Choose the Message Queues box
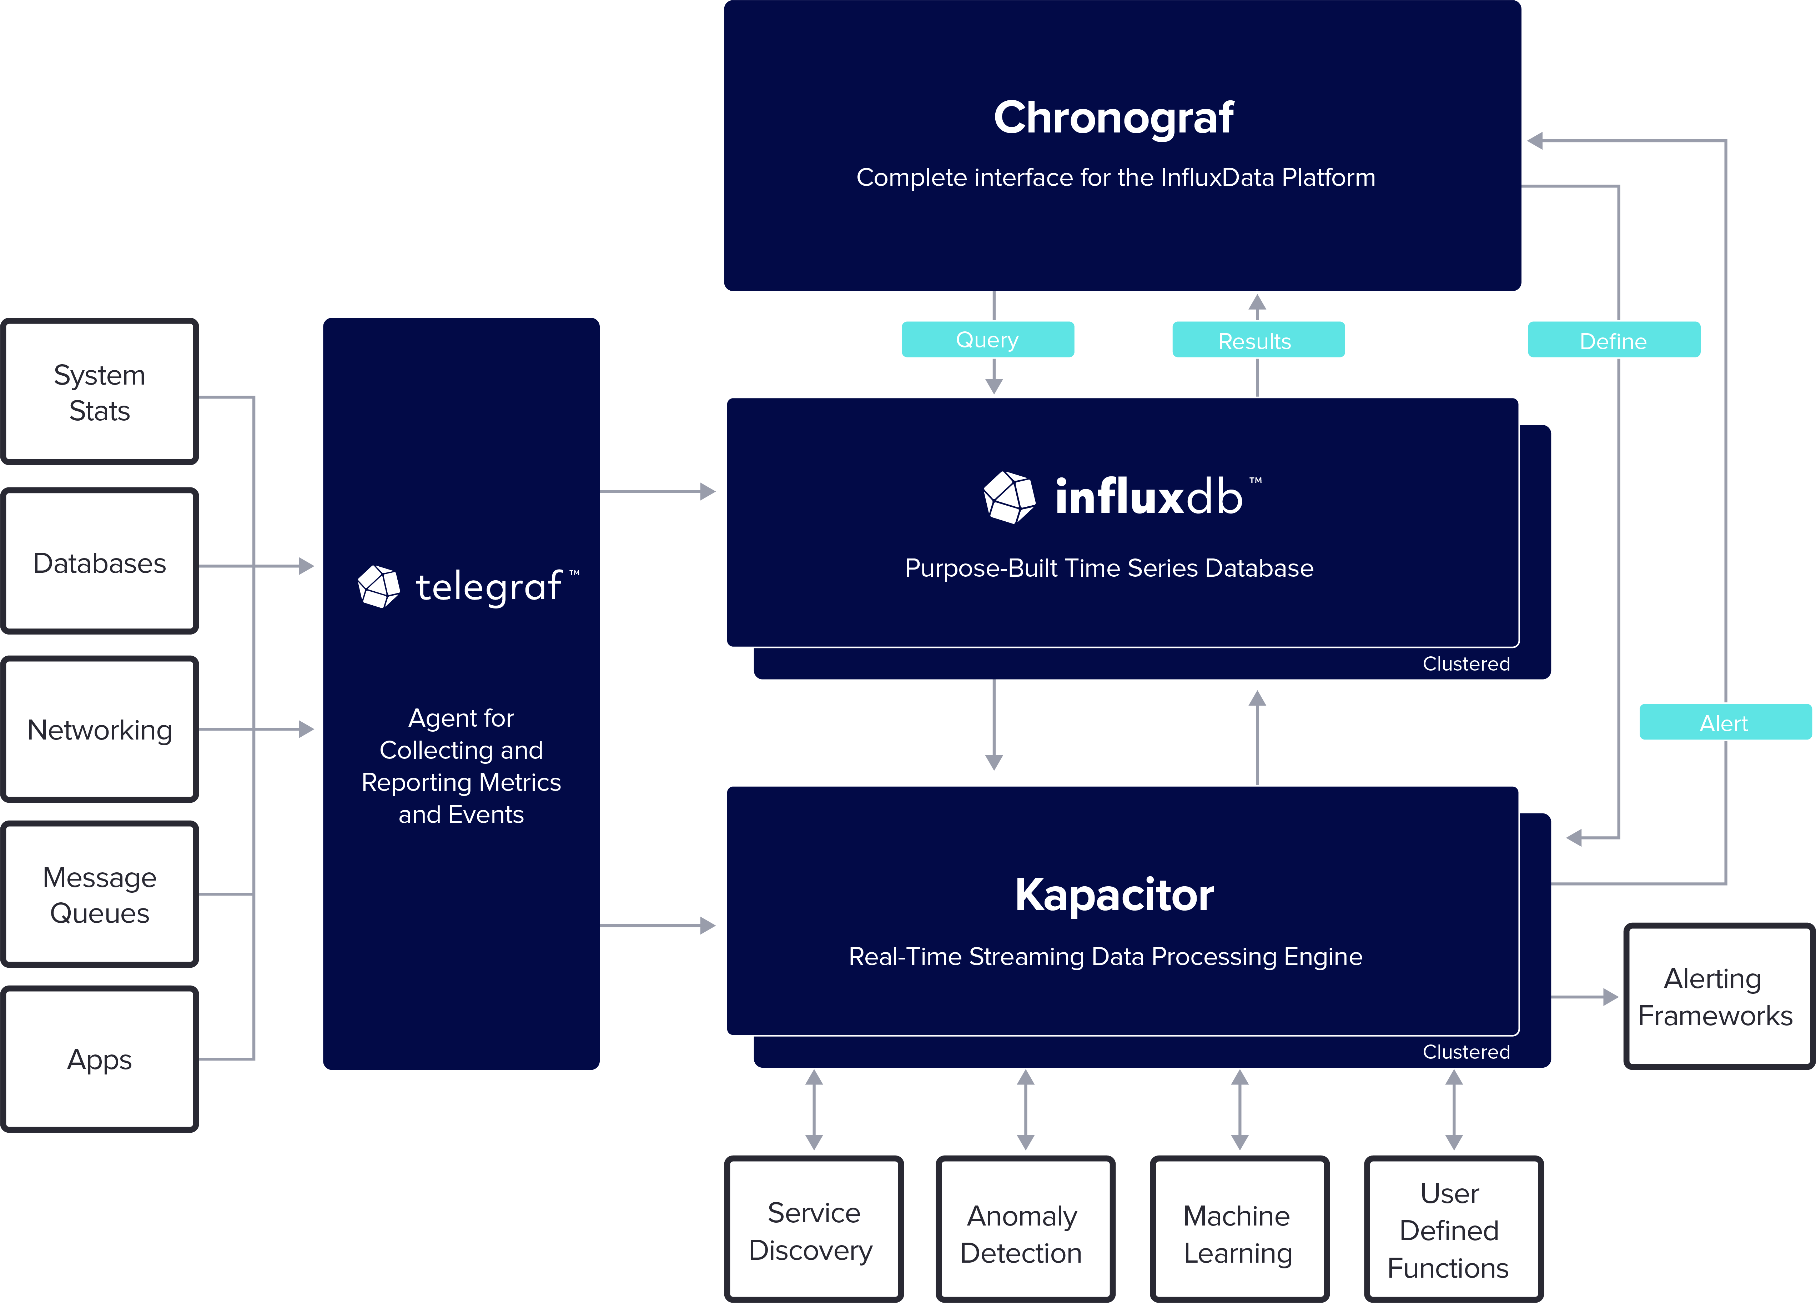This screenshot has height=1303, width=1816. point(99,894)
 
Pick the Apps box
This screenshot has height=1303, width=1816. point(99,1059)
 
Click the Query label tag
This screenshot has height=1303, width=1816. point(987,340)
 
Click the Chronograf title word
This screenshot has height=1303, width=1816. point(1113,118)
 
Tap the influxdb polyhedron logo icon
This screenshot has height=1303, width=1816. point(1009,497)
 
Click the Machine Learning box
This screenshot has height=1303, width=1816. point(1238,1233)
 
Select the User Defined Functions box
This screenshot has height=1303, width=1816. point(1451,1230)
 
